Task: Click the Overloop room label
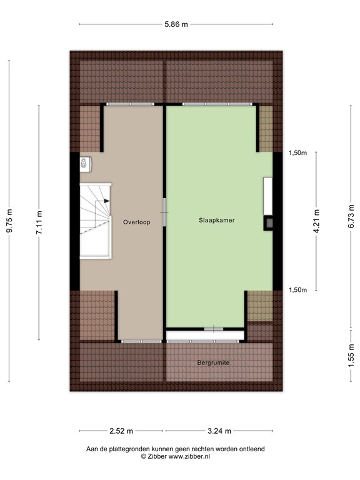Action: (136, 222)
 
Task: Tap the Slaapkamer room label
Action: (217, 221)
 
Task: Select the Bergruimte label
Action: (213, 362)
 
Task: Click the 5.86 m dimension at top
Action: (176, 24)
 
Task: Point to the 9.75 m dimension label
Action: (9, 221)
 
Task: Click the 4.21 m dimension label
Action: (317, 221)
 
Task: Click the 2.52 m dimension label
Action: (121, 431)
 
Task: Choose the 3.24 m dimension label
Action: (219, 431)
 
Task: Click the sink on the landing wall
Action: (84, 163)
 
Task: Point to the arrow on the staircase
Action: (107, 201)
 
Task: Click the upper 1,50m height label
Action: (298, 152)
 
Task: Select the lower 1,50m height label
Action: (298, 289)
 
